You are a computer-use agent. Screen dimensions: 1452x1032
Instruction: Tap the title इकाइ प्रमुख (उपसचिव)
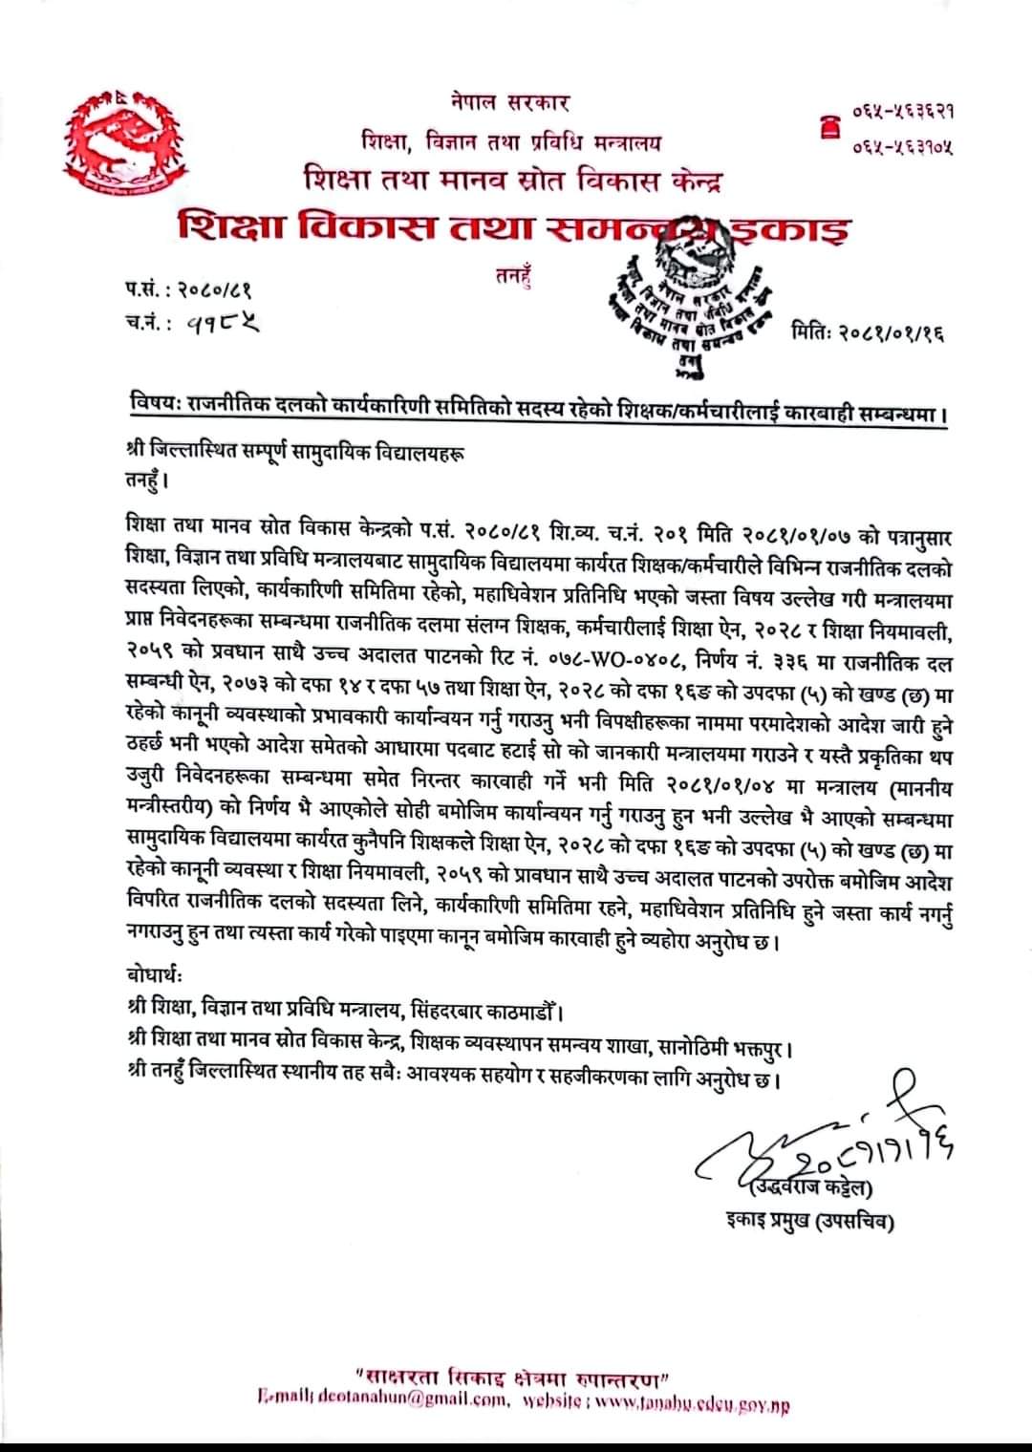(810, 1220)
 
